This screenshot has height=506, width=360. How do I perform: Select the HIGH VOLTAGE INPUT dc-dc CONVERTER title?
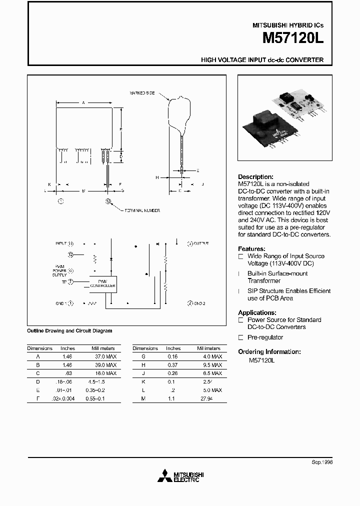(262, 60)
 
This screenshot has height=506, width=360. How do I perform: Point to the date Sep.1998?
(322, 462)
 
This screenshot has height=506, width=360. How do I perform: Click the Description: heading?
(255, 177)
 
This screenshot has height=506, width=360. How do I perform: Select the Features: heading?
(251, 249)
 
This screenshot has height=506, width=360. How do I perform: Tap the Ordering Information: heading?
(269, 352)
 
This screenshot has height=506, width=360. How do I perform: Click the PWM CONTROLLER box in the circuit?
(102, 284)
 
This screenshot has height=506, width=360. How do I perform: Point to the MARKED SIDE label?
(142, 93)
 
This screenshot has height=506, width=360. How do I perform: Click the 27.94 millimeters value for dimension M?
(206, 398)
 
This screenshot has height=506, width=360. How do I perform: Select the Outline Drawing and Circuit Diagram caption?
(69, 330)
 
